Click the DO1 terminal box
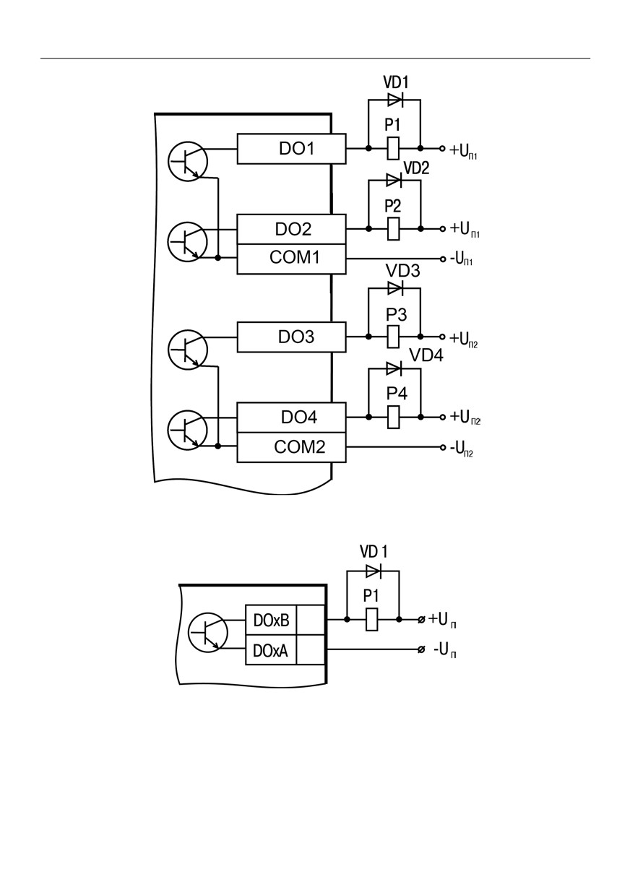pos(291,149)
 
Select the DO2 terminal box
pos(291,229)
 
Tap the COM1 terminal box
pos(291,259)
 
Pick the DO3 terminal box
pos(291,337)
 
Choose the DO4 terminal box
pos(291,418)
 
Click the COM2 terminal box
pos(291,448)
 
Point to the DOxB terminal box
pos(271,620)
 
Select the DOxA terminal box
pos(271,649)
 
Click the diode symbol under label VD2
pos(394,180)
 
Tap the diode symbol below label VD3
pos(395,287)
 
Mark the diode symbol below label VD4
pos(394,368)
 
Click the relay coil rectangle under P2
pos(393,229)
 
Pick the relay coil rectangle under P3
pos(393,337)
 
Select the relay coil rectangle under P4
pos(393,417)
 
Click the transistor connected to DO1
pos(187,161)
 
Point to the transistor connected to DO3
pos(187,350)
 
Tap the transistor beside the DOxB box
pos(207,634)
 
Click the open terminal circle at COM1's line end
pos(443,259)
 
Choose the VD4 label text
pos(426,355)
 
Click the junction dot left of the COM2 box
pos(218,446)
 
